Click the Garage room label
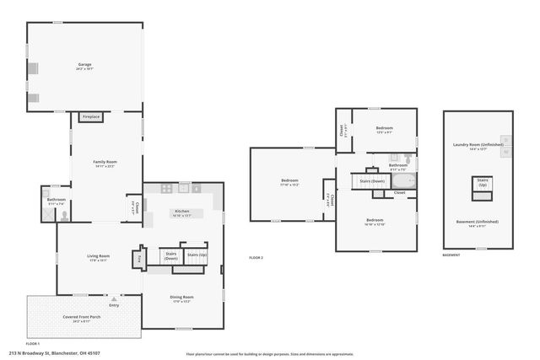pos(84,65)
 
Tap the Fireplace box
pos(91,117)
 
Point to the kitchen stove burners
pos(167,189)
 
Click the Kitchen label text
pos(182,212)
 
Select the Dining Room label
pos(182,297)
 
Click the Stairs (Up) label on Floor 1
pos(197,255)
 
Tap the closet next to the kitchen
pos(132,206)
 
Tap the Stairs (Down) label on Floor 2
pos(372,181)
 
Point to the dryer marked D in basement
pos(506,156)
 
